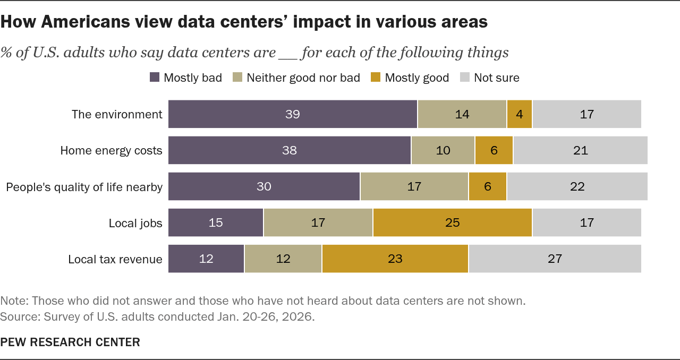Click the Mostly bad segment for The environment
(293, 114)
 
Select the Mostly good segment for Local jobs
(452, 222)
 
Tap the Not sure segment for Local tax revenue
(555, 259)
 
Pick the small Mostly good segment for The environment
(520, 114)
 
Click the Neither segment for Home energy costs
(443, 150)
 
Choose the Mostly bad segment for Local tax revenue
(206, 259)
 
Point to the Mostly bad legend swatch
(155, 78)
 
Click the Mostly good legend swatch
(376, 78)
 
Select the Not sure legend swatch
(465, 78)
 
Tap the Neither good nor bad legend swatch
(237, 78)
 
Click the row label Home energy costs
(111, 150)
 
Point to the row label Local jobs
(135, 223)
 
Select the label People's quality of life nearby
(84, 187)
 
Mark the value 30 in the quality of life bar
(264, 186)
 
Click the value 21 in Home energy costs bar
(581, 150)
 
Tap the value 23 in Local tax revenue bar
(395, 259)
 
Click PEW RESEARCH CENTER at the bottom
(70, 342)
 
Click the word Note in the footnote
(14, 301)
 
